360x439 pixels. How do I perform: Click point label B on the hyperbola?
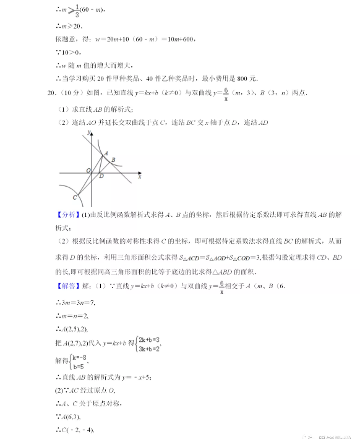pyautogui.click(x=113, y=160)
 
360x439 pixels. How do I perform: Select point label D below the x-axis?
pyautogui.click(x=101, y=176)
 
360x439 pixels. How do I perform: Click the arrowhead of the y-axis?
pyautogui.click(x=92, y=133)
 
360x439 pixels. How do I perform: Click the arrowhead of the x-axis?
pyautogui.click(x=139, y=173)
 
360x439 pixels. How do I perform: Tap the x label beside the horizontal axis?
pyautogui.click(x=140, y=177)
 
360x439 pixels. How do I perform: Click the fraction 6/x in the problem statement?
pyautogui.click(x=226, y=93)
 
